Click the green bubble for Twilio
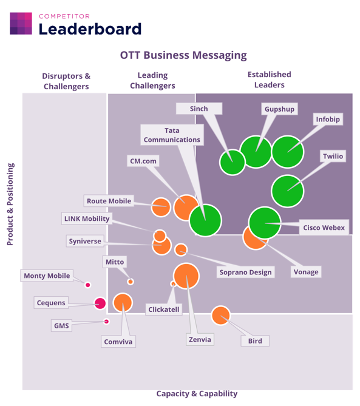pos(287,191)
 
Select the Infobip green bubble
pos(288,152)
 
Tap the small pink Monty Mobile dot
pos(88,285)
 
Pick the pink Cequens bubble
pos(100,303)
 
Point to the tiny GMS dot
pos(106,321)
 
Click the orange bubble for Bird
pos(220,316)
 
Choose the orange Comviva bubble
pos(123,303)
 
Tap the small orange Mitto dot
pos(131,282)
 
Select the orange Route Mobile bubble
pos(161,207)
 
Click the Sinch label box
pos(199,109)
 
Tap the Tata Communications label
pos(172,135)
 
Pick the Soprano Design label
pos(245,272)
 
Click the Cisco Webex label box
pos(324,228)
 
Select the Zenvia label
pos(200,339)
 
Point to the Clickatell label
pos(164,310)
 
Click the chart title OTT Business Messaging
pos(183,55)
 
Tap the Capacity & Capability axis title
pos(197,394)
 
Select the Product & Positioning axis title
pos(10,204)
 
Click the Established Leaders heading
pos(270,80)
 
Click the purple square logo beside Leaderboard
pos(21,24)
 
